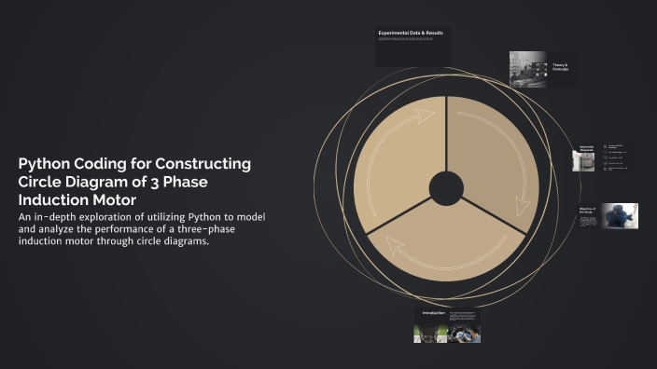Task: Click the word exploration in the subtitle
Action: pyautogui.click(x=94, y=217)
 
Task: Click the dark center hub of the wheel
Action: pyautogui.click(x=446, y=188)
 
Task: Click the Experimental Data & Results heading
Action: pyautogui.click(x=411, y=34)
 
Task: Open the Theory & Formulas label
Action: pyautogui.click(x=560, y=67)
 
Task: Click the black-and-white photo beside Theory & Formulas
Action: pyautogui.click(x=528, y=68)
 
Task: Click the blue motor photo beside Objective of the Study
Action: pyautogui.click(x=619, y=215)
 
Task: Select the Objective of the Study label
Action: pyautogui.click(x=587, y=212)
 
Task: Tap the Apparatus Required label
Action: pyautogui.click(x=586, y=148)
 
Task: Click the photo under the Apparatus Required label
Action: pyautogui.click(x=584, y=162)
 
